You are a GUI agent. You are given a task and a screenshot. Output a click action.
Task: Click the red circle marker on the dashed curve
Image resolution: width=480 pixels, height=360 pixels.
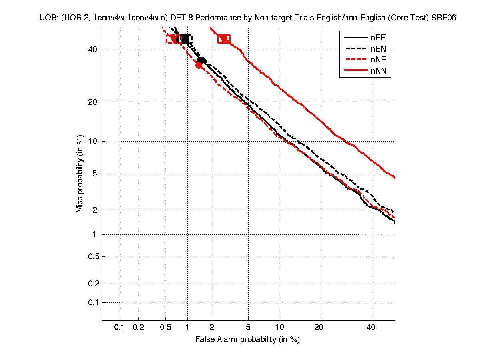(x=199, y=65)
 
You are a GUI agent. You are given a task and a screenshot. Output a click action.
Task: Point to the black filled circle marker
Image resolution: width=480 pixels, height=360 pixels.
(x=202, y=60)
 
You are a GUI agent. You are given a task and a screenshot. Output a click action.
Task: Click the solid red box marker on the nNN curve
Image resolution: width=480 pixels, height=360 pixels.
(x=224, y=39)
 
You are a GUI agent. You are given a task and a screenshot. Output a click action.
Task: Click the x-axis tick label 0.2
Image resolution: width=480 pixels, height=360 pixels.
(x=138, y=328)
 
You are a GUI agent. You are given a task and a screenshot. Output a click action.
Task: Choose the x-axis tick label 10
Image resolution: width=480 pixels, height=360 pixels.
(x=281, y=328)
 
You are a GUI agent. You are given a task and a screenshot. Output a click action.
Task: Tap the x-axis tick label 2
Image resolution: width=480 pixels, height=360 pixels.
(x=211, y=328)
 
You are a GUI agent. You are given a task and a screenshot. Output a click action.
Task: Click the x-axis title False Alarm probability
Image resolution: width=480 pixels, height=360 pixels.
(x=247, y=340)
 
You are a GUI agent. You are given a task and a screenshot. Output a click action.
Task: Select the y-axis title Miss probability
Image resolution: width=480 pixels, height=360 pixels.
(x=80, y=174)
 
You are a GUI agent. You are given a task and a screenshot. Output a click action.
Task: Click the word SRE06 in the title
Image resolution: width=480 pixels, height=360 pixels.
(x=444, y=18)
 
